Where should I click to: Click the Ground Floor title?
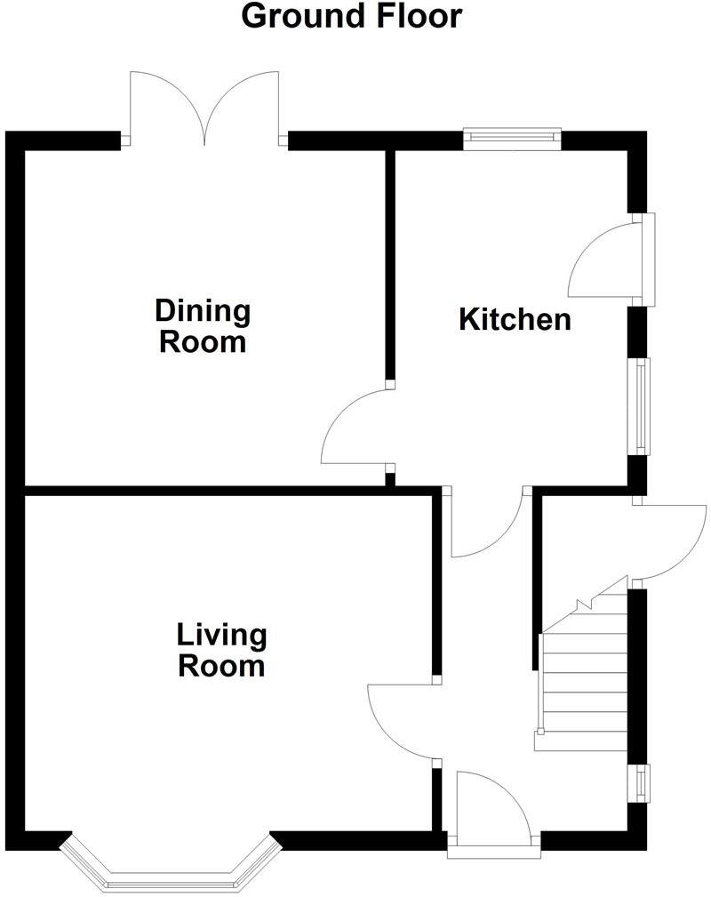(x=352, y=16)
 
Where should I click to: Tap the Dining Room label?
(x=203, y=326)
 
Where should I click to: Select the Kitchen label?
(x=515, y=320)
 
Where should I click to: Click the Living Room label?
(x=222, y=650)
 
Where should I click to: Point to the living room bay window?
(x=170, y=867)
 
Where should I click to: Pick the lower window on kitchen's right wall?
(x=639, y=405)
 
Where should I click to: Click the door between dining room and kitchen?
(x=355, y=427)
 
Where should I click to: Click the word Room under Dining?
(x=203, y=342)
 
